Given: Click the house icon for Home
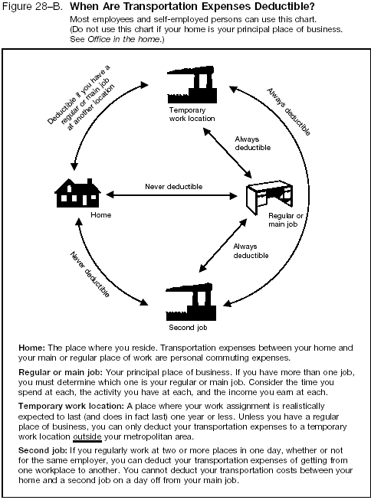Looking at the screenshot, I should pyautogui.click(x=77, y=192).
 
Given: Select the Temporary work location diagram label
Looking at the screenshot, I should pyautogui.click(x=192, y=115).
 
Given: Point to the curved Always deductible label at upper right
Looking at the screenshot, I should pyautogui.click(x=288, y=111).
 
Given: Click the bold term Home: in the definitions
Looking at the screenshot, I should pyautogui.click(x=32, y=348).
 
